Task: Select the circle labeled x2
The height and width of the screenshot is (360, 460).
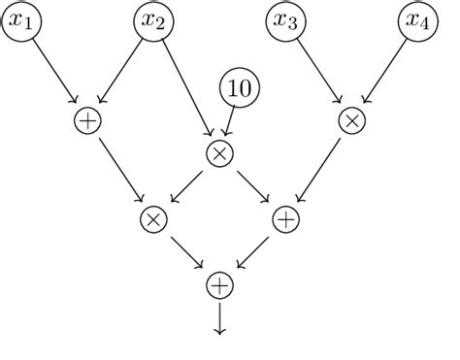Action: click(152, 21)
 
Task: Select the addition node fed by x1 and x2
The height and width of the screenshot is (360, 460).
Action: click(87, 120)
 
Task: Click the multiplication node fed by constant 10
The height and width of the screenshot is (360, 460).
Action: click(219, 153)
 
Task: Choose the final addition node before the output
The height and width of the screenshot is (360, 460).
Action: click(219, 285)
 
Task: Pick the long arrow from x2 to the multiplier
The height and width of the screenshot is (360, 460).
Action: click(185, 87)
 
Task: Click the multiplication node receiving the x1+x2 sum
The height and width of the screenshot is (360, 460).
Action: click(152, 219)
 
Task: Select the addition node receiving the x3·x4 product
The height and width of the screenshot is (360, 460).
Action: click(285, 219)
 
